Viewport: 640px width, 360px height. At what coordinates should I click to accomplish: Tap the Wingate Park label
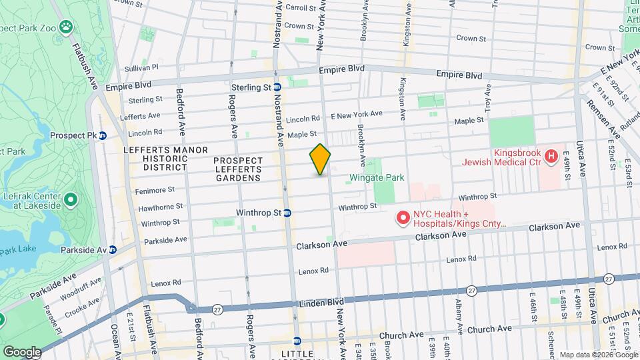tap(377, 178)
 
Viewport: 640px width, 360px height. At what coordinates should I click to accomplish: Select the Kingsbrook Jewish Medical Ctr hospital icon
tap(551, 157)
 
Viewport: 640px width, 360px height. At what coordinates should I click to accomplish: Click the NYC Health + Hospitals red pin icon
tap(403, 217)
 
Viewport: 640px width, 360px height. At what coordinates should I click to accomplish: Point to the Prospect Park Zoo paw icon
tap(65, 27)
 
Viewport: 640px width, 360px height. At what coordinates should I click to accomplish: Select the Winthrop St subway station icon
tap(287, 213)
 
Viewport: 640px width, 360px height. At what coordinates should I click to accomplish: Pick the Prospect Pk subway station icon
tap(103, 135)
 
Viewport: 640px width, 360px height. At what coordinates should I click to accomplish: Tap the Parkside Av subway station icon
tap(113, 250)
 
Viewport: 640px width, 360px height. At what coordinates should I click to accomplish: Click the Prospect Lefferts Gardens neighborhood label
tap(238, 169)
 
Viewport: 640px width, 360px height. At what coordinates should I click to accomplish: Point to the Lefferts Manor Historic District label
tap(166, 159)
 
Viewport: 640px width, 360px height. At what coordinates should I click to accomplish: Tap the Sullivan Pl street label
tap(142, 67)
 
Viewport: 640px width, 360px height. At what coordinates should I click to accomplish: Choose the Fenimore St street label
tap(157, 189)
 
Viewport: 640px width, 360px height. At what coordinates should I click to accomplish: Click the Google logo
tap(21, 351)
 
